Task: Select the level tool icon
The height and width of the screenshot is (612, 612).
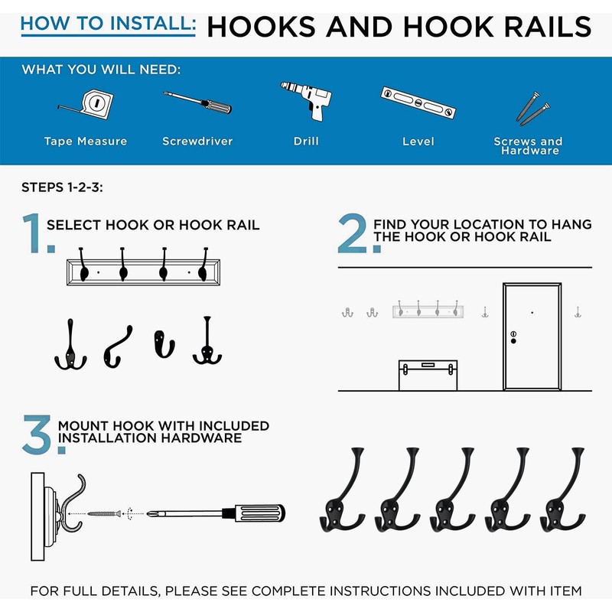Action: pos(418,103)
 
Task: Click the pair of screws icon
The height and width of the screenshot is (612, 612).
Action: pos(532,109)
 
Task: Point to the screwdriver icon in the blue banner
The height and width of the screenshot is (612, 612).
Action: pos(197,102)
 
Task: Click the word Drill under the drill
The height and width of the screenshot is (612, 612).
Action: pos(307,141)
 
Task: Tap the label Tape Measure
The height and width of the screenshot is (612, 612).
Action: pos(86,141)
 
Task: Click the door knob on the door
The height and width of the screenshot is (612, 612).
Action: pos(513,341)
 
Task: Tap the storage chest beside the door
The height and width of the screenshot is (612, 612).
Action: pos(428,375)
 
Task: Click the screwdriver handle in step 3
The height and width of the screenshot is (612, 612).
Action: pos(259,513)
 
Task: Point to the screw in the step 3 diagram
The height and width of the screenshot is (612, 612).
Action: pos(104,513)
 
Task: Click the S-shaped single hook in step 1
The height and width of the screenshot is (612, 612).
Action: pos(118,347)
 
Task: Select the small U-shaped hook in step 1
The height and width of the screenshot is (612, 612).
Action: pos(164,343)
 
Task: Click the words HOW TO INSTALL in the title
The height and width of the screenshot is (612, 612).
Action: pos(108,24)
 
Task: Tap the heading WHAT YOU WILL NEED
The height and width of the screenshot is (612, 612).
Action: pos(102,70)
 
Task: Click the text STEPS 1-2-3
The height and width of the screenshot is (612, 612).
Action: pos(63,187)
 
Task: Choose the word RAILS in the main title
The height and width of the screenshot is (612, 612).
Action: pos(548,27)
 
